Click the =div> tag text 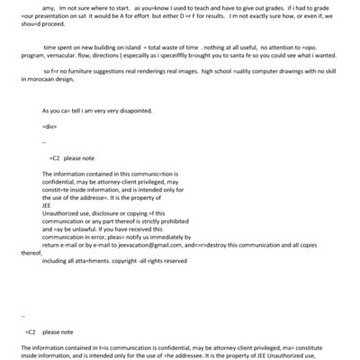tap(50, 152)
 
